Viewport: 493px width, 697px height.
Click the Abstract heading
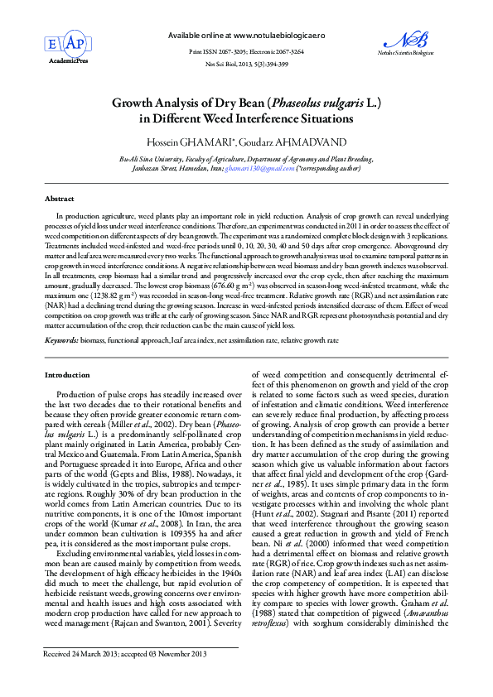pos(59,199)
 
